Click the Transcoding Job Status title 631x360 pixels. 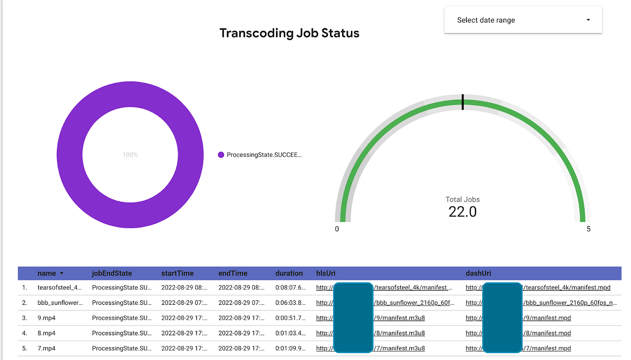[x=289, y=33]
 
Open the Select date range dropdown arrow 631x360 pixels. [x=588, y=20]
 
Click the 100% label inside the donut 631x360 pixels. [x=130, y=155]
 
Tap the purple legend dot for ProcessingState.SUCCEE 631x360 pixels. [x=221, y=155]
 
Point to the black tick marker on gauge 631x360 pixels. [x=462, y=102]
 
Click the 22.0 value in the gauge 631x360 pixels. [x=462, y=212]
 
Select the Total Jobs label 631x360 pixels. [x=462, y=199]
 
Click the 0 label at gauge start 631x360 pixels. [x=337, y=229]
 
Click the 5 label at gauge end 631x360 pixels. [x=588, y=229]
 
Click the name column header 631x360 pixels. [x=47, y=273]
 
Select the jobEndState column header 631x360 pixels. [x=112, y=273]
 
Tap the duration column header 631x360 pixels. [x=289, y=273]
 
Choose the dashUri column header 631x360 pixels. [x=478, y=273]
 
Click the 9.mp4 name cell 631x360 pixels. [x=46, y=318]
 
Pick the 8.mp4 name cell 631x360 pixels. [x=46, y=333]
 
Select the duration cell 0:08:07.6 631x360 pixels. [x=290, y=288]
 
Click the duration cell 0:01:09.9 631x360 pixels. [x=290, y=348]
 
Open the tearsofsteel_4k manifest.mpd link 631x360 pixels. [x=567, y=288]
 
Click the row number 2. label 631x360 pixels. [x=25, y=302]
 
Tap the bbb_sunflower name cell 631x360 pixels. [x=60, y=302]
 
